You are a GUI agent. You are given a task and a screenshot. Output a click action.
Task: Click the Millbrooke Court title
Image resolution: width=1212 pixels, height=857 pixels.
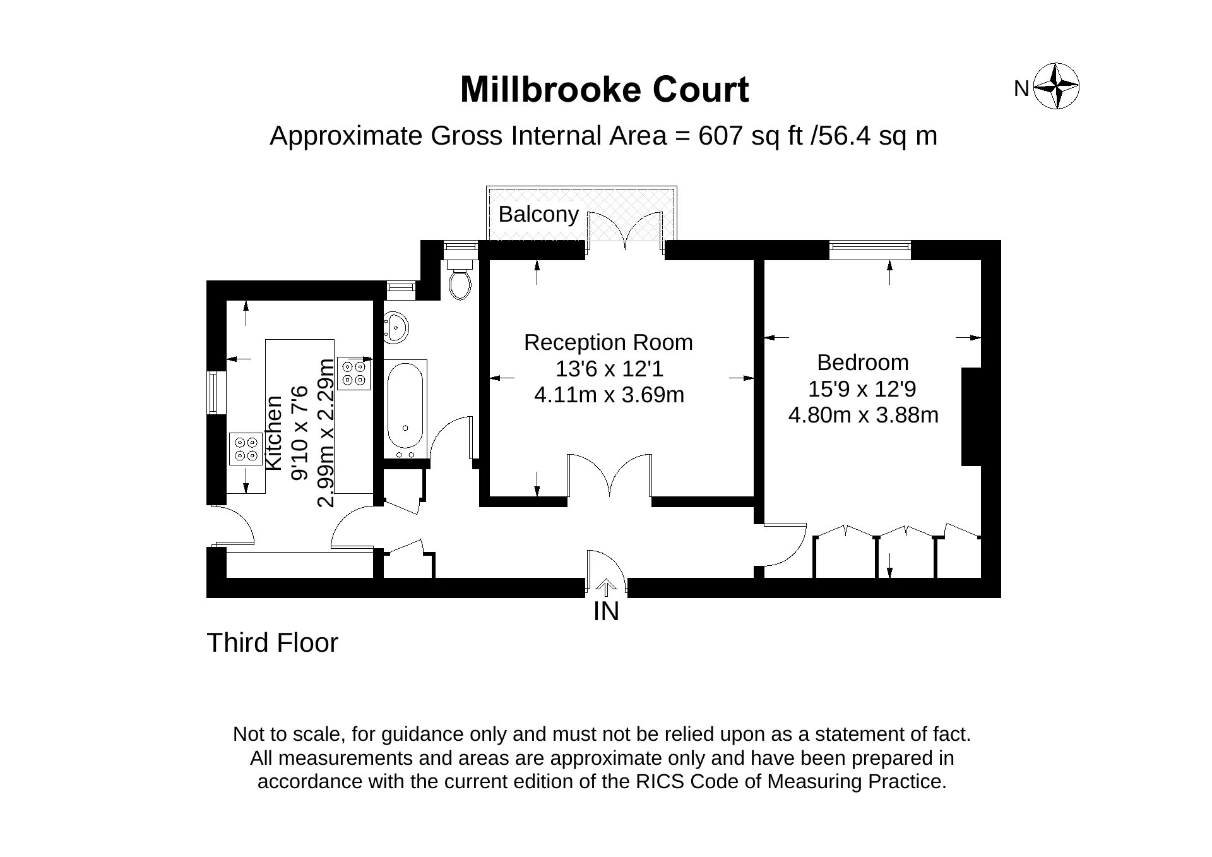pyautogui.click(x=604, y=90)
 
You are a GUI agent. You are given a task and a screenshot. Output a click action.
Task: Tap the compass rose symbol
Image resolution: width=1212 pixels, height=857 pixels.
pyautogui.click(x=1057, y=86)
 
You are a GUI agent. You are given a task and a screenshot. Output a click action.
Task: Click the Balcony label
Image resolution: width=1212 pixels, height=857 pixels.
pyautogui.click(x=538, y=215)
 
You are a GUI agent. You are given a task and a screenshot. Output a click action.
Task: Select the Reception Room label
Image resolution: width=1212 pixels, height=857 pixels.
pyautogui.click(x=609, y=342)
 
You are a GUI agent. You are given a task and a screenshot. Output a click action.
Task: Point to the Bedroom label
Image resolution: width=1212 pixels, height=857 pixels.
pyautogui.click(x=863, y=363)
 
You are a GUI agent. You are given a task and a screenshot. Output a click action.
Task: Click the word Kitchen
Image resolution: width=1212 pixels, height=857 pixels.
pyautogui.click(x=274, y=433)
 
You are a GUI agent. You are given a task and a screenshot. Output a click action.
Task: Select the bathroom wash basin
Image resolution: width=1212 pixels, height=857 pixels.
pyautogui.click(x=396, y=328)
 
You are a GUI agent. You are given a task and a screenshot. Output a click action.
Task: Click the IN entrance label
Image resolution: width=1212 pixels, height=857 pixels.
pyautogui.click(x=606, y=611)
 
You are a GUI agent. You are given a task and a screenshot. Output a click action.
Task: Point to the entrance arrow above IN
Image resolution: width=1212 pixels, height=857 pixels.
pyautogui.click(x=606, y=587)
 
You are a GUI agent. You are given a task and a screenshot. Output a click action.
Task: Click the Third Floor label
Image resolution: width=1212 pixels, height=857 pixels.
pyautogui.click(x=273, y=643)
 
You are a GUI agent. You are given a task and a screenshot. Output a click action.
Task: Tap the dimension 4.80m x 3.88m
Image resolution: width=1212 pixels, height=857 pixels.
pyautogui.click(x=864, y=415)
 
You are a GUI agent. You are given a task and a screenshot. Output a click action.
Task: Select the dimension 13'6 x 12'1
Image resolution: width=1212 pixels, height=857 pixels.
pyautogui.click(x=609, y=369)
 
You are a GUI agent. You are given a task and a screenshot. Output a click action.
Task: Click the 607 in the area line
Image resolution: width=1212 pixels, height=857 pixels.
pyautogui.click(x=720, y=136)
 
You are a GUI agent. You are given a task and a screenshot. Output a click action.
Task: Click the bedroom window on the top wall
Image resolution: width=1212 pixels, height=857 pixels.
pyautogui.click(x=870, y=249)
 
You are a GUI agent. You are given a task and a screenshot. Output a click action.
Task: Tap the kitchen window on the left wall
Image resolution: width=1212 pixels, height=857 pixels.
pyautogui.click(x=216, y=392)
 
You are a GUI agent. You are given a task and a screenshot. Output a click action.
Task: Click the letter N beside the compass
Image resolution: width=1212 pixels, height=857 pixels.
pyautogui.click(x=1021, y=89)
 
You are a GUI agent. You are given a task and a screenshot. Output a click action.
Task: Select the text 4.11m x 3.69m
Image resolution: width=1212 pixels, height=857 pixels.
pyautogui.click(x=609, y=395)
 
